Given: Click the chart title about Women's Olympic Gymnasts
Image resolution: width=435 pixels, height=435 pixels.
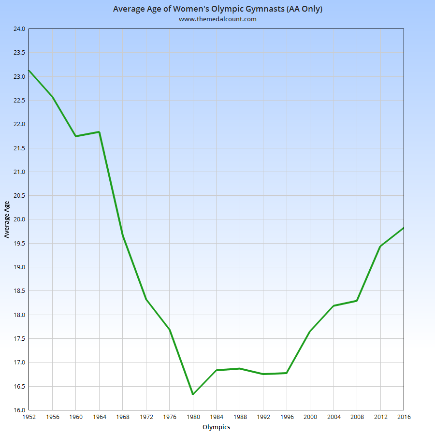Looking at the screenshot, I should tap(217, 9).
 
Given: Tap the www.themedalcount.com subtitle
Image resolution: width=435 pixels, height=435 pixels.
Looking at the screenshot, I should tap(217, 19).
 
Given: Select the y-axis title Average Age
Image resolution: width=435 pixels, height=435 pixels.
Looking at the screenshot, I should tap(7, 219).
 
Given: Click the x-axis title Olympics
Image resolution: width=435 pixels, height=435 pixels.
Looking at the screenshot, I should tap(216, 427).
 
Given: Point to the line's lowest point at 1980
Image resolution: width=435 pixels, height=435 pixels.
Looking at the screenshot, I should tap(193, 394).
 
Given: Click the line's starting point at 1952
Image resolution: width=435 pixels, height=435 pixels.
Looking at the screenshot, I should tap(29, 71).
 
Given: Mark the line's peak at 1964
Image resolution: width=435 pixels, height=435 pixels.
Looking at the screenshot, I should tap(99, 132).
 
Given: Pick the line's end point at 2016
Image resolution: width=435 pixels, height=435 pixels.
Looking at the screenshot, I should tap(403, 228).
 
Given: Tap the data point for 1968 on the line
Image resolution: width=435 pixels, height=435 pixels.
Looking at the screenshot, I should tap(123, 235).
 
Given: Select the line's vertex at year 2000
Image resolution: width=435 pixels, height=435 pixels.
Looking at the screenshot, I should tap(310, 331).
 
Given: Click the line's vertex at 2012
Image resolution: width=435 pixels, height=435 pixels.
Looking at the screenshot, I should tap(380, 246).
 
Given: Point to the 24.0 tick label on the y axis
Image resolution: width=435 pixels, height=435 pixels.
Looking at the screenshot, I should tap(19, 29).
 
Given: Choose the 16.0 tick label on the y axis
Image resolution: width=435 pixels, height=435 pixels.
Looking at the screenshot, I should tap(19, 410).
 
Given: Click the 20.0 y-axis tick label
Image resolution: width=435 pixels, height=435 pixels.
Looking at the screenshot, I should tap(19, 219).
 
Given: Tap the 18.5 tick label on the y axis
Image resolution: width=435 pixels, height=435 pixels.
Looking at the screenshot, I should tap(19, 291).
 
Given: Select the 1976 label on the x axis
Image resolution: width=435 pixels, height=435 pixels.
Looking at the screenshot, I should tap(170, 417).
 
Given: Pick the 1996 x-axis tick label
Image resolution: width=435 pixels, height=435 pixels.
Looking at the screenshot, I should tap(287, 417).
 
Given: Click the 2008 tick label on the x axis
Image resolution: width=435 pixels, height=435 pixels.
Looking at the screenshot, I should tap(357, 417).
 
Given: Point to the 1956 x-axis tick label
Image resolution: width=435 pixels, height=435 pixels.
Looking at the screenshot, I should tap(52, 417).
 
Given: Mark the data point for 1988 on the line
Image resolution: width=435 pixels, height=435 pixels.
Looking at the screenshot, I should tap(240, 369).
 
